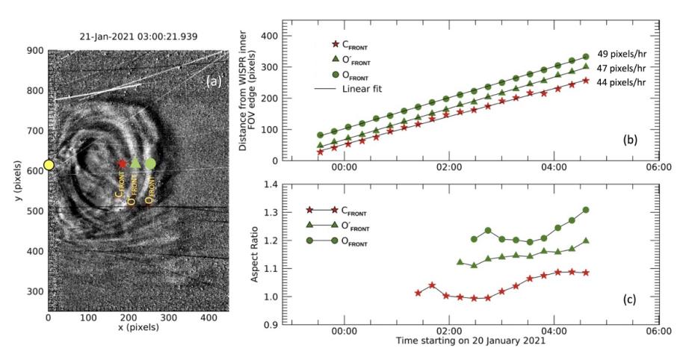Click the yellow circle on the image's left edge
click(49, 164)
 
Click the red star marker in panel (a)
click(123, 164)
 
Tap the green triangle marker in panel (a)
click(135, 163)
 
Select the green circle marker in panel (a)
click(151, 163)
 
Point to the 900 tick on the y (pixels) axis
click(34, 51)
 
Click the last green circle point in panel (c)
click(586, 210)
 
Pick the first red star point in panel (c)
click(418, 293)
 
